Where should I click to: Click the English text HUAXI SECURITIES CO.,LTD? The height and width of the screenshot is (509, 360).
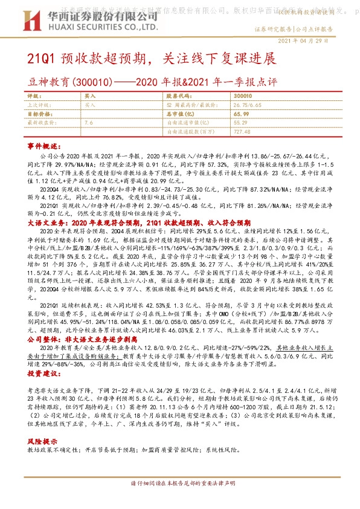click(x=85, y=27)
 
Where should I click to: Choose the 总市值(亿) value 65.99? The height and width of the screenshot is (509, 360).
click(x=241, y=113)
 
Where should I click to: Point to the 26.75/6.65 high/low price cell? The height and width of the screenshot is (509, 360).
click(x=249, y=105)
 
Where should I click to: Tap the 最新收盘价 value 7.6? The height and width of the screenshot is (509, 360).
click(x=89, y=122)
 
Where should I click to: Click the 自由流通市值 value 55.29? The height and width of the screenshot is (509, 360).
click(x=240, y=122)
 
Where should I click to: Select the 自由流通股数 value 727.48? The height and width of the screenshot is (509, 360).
click(x=242, y=130)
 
